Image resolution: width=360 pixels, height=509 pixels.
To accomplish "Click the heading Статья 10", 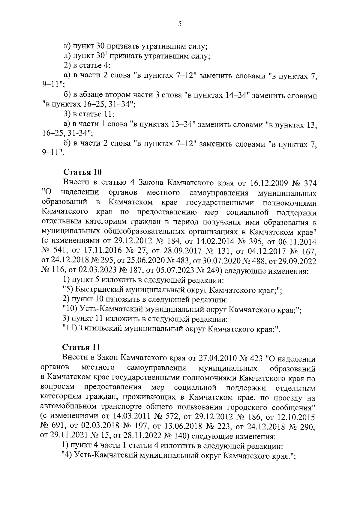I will (x=82, y=172).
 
